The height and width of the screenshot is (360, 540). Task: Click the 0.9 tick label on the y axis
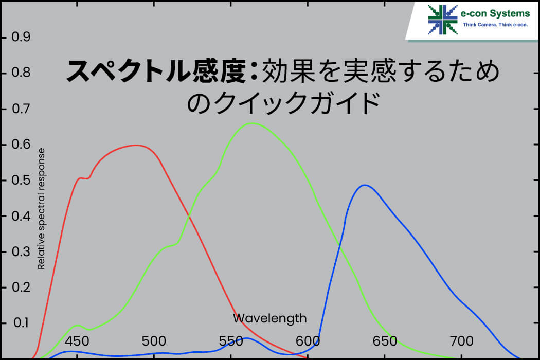[21, 37]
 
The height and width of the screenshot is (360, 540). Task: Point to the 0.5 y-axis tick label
[21, 180]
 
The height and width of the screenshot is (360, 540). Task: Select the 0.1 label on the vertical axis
[21, 323]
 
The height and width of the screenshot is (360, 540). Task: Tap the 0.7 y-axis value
[21, 109]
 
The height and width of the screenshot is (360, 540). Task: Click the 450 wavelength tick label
[77, 341]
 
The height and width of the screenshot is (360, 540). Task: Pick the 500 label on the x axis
[154, 341]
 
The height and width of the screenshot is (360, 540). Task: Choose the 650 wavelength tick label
[385, 341]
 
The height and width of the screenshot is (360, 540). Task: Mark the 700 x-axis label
[461, 341]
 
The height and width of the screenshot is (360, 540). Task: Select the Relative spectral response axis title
[41, 209]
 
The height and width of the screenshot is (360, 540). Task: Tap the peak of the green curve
[253, 123]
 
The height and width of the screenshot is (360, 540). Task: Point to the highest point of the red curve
[137, 146]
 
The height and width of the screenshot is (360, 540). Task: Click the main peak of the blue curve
[364, 185]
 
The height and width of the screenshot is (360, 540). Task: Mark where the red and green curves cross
[189, 216]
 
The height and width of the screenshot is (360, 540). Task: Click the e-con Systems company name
[495, 13]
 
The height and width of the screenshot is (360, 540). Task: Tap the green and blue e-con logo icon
[442, 20]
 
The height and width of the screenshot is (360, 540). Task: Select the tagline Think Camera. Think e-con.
[495, 25]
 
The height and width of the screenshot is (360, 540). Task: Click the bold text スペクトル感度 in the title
[156, 71]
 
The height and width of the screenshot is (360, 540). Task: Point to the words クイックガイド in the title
[297, 103]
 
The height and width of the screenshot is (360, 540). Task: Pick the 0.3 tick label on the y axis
[21, 252]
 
